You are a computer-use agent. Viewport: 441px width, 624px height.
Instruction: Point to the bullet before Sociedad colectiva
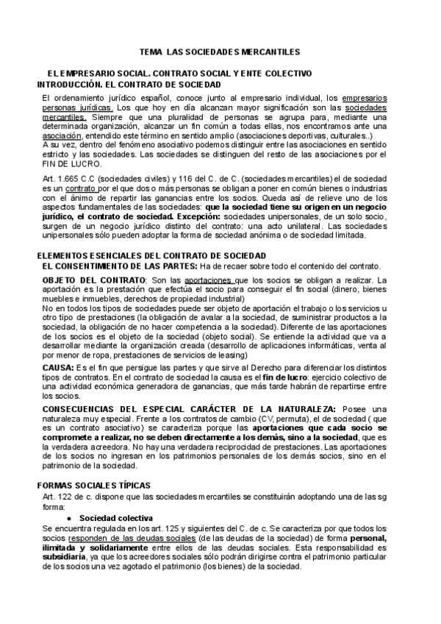click(68, 518)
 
